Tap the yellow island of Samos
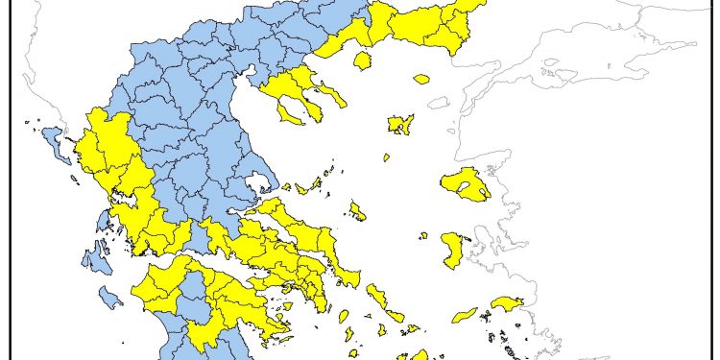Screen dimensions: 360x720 coord(505,304)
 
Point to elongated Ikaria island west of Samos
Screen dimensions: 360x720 coord(465,314)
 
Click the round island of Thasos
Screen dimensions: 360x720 coord(363,60)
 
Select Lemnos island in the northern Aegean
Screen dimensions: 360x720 coord(400,124)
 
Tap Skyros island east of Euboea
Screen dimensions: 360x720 coord(357,211)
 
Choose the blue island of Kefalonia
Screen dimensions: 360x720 coord(96,259)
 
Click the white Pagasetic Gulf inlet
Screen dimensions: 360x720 coord(253,183)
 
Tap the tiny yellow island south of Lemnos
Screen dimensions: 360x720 coord(386,157)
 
